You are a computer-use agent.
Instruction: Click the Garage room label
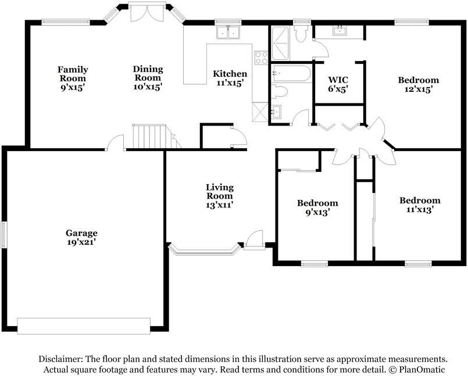click(x=81, y=233)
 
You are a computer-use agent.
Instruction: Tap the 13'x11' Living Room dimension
click(x=220, y=205)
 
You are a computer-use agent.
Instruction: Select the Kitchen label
click(x=230, y=74)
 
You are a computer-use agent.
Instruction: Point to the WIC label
click(x=338, y=80)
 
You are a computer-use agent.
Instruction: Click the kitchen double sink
click(x=228, y=32)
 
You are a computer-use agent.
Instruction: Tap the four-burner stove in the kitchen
click(x=261, y=58)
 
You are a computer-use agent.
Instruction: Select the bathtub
click(x=292, y=73)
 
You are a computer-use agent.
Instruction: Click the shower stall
click(x=280, y=44)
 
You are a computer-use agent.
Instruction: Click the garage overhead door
click(x=84, y=325)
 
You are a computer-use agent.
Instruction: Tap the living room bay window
click(x=205, y=250)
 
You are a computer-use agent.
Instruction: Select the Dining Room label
click(x=148, y=73)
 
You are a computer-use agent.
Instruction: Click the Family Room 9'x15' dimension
click(x=73, y=88)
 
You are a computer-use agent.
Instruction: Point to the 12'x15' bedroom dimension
click(x=419, y=89)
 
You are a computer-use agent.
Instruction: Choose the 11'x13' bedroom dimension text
click(x=420, y=209)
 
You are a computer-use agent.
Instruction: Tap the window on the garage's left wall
click(x=3, y=234)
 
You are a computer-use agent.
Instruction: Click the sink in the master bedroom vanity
click(x=340, y=30)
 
